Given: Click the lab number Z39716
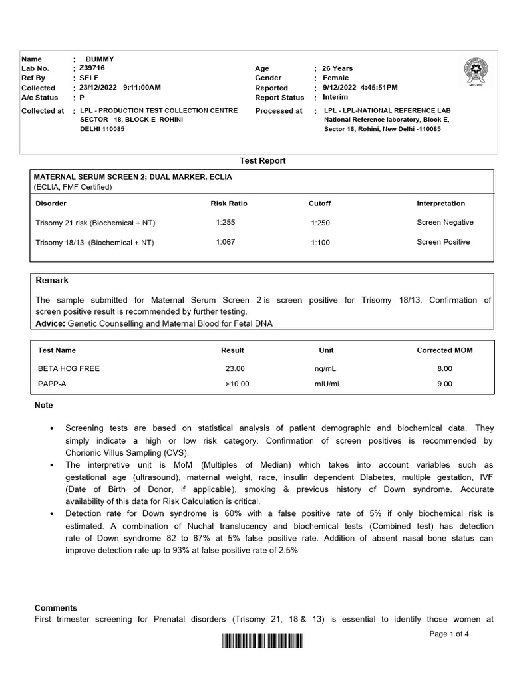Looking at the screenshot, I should (92, 68).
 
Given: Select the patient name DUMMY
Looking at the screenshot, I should (100, 59).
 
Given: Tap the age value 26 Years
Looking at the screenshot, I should (337, 68).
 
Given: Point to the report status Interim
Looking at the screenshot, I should (336, 97).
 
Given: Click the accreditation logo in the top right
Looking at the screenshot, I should (474, 71).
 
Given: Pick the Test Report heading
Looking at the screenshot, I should (262, 161).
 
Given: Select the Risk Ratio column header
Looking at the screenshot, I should (228, 204).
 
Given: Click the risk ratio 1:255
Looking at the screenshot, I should (226, 223).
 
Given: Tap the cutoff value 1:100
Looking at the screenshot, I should (320, 243).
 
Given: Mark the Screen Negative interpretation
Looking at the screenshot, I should (445, 223).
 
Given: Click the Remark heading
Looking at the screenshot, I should (52, 281).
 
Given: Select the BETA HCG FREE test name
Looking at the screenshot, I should (69, 368).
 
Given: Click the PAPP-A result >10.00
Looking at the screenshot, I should (235, 384).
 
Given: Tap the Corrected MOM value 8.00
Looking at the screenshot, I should (444, 368).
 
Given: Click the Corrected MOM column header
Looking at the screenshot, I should (444, 350).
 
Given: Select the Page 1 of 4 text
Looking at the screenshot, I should (449, 634).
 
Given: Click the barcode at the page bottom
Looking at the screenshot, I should (262, 642).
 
